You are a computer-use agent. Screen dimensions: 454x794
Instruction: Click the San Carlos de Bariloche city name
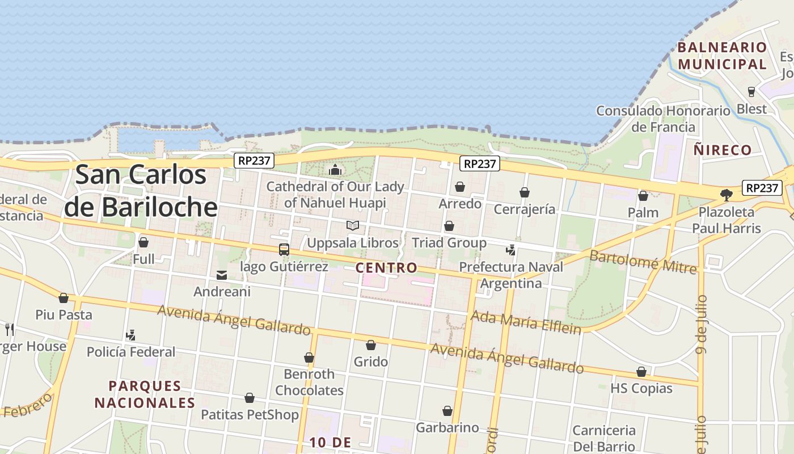[x=141, y=191]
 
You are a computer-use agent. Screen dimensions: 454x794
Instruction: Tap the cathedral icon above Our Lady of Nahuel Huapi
[x=335, y=170]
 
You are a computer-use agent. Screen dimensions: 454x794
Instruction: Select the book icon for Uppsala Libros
[x=353, y=226]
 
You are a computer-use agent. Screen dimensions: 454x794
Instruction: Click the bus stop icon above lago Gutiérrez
[x=284, y=250]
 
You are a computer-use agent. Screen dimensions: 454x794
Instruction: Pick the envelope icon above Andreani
[x=222, y=275]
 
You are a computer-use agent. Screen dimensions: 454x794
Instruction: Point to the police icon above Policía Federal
[x=131, y=335]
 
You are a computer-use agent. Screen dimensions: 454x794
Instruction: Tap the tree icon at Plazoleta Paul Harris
[x=726, y=195]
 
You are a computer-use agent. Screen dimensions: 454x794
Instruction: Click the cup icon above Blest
[x=751, y=92]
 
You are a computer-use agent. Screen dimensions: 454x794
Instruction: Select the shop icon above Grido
[x=371, y=345]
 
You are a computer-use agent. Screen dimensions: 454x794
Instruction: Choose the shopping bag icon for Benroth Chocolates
[x=309, y=358]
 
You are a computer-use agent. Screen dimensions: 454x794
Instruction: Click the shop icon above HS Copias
[x=641, y=372]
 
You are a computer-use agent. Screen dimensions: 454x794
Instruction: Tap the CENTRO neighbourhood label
[x=386, y=267]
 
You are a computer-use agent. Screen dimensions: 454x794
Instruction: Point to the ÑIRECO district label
[x=723, y=150]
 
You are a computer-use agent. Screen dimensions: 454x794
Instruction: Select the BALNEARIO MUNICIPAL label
[x=722, y=56]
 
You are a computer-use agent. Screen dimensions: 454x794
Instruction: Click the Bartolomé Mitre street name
[x=643, y=261]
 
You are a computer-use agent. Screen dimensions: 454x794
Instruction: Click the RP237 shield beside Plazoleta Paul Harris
[x=762, y=188]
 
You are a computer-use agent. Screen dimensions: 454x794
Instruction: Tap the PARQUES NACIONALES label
[x=145, y=394]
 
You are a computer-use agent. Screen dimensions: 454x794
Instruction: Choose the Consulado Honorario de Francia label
[x=663, y=119]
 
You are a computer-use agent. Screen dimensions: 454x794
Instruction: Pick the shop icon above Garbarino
[x=447, y=411]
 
